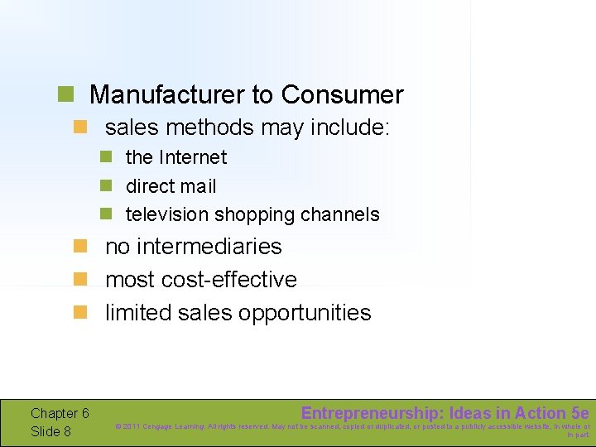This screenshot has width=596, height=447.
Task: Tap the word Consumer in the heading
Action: [342, 95]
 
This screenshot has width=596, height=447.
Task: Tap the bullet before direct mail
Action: [106, 186]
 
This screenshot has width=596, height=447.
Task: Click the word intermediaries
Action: [210, 247]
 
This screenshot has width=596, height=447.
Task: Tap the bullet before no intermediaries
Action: [79, 247]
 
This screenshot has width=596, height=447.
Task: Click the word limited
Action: [137, 313]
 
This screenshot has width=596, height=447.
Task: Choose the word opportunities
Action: [305, 313]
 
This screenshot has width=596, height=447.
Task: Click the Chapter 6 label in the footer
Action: [60, 413]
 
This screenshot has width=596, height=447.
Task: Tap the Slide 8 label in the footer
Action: [50, 431]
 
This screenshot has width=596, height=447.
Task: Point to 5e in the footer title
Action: [580, 413]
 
